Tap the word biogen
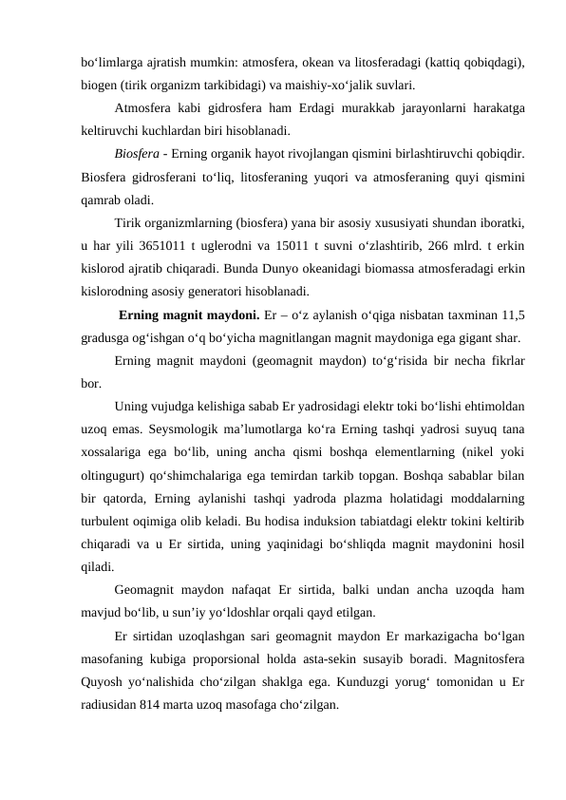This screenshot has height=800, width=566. pyautogui.click(x=98, y=84)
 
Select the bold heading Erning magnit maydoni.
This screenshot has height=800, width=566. pyautogui.click(x=180, y=315)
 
